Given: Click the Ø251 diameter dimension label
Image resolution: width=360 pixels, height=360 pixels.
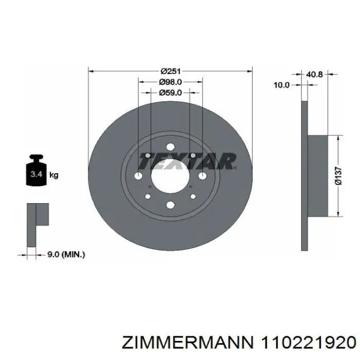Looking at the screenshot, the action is [171, 71].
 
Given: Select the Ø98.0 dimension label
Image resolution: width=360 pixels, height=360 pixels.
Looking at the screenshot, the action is [170, 82].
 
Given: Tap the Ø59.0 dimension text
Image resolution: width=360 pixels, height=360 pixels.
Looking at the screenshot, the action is [170, 93].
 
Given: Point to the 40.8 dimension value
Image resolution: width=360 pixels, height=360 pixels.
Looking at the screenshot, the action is [314, 75].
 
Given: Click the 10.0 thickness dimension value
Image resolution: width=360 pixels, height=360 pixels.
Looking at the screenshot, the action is [282, 85].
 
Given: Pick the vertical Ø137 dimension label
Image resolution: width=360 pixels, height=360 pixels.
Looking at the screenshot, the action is [338, 176].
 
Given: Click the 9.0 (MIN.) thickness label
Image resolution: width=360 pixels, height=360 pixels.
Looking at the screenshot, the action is [66, 255].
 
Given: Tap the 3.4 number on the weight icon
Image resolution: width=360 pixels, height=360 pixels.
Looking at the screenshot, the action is [37, 174].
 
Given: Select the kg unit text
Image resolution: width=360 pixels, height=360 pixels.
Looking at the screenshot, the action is [54, 175].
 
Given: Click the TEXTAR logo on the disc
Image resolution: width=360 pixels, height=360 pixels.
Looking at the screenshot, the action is [188, 161].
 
